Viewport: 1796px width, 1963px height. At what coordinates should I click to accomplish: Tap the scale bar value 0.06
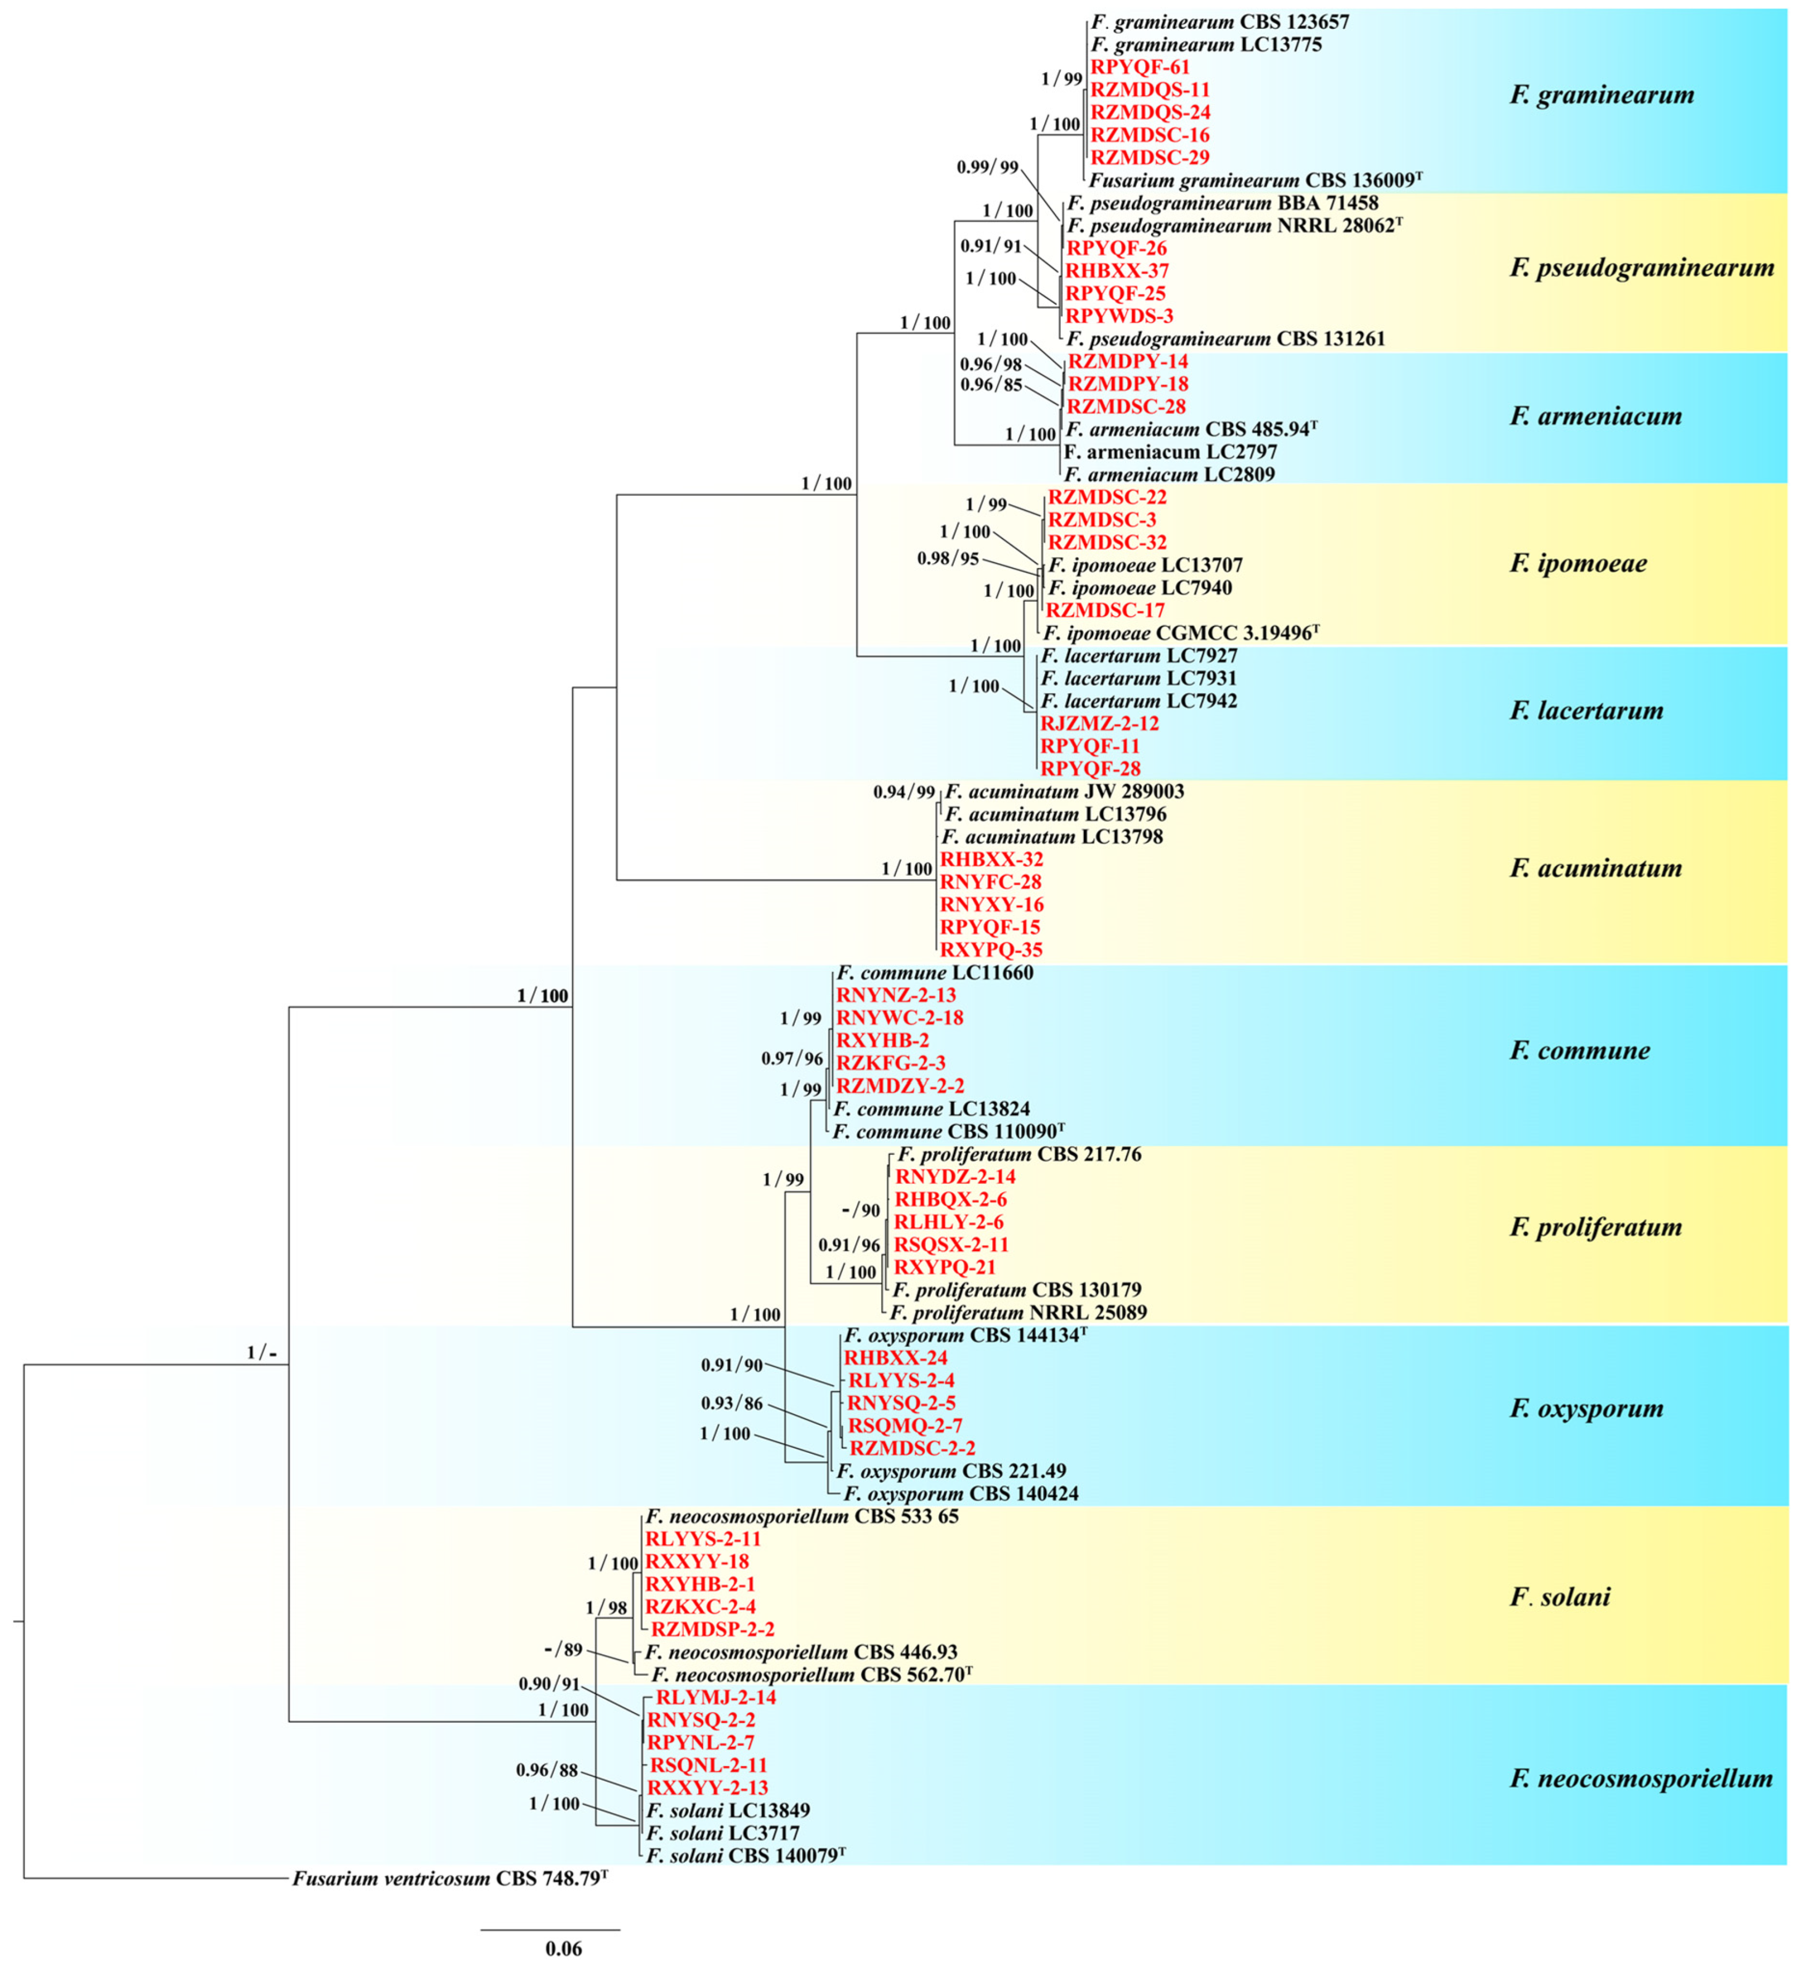[563, 1949]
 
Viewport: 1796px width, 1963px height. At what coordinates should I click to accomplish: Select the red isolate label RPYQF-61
[1138, 67]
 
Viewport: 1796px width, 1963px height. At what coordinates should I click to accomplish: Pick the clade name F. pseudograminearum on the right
[1642, 268]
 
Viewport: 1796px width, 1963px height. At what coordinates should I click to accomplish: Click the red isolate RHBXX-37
[1116, 271]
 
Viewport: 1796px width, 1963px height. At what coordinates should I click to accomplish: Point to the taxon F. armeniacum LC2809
[1169, 475]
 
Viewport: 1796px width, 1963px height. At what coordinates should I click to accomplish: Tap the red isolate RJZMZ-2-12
[1100, 724]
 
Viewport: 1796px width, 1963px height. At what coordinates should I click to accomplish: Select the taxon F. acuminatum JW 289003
[1063, 792]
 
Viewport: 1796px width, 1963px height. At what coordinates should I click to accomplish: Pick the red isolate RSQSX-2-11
[950, 1245]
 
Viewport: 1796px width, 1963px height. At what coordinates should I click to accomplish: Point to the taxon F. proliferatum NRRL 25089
[1018, 1313]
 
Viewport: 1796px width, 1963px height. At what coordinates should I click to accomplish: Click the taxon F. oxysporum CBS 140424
[960, 1494]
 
